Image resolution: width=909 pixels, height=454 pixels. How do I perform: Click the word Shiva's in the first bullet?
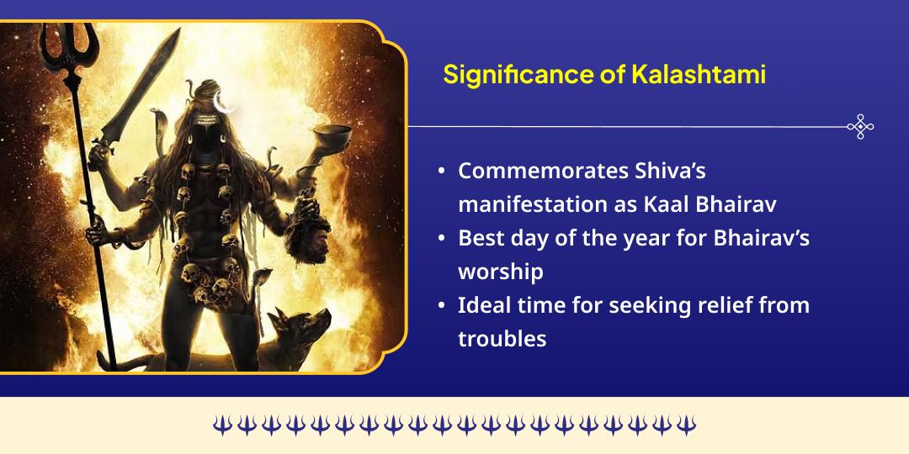670,171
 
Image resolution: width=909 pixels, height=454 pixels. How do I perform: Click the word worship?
500,272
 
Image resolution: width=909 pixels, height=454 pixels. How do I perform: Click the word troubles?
502,339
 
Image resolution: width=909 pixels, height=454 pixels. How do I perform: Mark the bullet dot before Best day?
442,239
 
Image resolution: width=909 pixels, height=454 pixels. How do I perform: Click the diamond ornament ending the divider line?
859,127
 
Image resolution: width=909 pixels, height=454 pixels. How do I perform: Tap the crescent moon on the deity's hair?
222,102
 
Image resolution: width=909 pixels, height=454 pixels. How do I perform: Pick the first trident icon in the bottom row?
221,425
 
